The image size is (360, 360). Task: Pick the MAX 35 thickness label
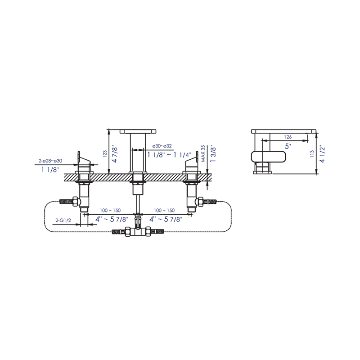(x=203, y=153)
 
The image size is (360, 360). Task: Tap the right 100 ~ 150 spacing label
(x=164, y=211)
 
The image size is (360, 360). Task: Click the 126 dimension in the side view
(x=288, y=137)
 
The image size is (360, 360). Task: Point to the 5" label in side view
(x=288, y=146)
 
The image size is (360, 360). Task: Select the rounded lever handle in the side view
(x=266, y=157)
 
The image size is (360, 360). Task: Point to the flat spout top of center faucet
(x=139, y=131)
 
